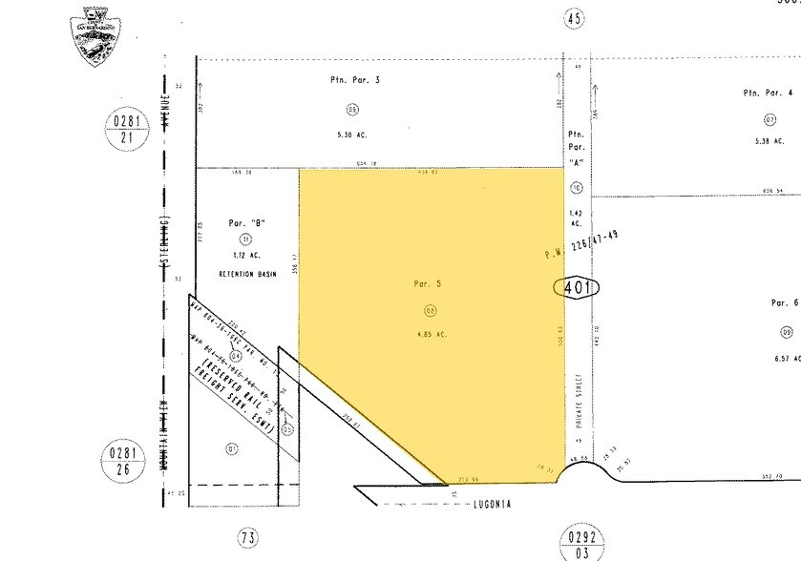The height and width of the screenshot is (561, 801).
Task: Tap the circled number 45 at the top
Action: [x=573, y=18]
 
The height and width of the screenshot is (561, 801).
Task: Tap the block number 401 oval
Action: [x=576, y=288]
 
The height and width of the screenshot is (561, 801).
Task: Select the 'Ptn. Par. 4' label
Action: [x=768, y=93]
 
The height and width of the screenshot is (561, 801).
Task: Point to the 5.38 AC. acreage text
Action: [x=769, y=142]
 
